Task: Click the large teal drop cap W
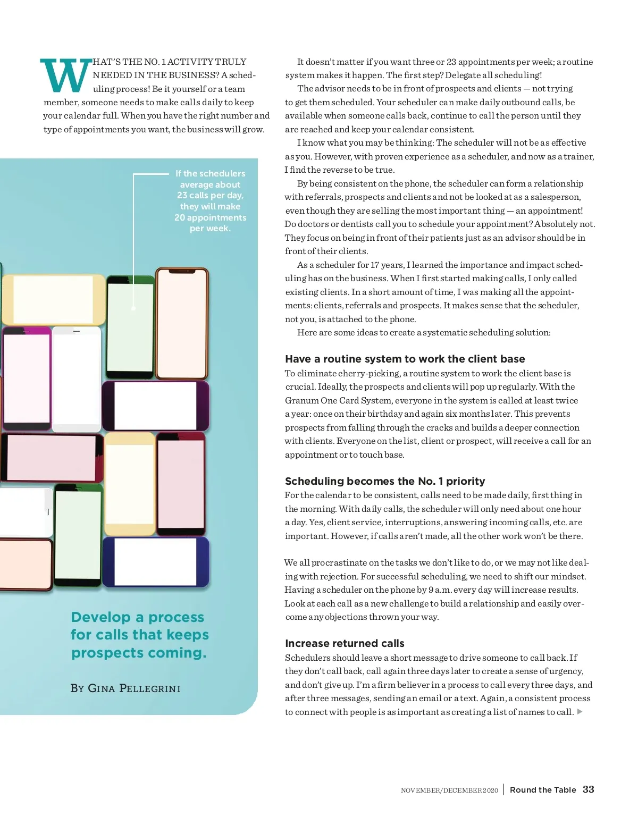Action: coord(65,75)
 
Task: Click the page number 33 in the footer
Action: coord(588,789)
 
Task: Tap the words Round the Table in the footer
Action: coord(542,790)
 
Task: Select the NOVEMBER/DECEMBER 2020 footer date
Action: coord(449,790)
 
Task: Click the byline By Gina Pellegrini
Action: coord(125,688)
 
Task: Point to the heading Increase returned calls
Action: coord(345,643)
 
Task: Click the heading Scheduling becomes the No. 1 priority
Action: coord(385,481)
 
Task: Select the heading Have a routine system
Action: coord(405,359)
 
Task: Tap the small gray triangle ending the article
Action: coord(580,711)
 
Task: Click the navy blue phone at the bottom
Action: coord(156,562)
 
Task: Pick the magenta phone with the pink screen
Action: coord(27,378)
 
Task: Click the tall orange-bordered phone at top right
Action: coord(182,323)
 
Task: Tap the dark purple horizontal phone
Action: coord(155,406)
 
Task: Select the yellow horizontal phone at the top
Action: coord(53,300)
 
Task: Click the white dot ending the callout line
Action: coord(133,308)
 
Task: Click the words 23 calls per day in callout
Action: coord(210,195)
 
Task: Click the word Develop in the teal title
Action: coord(100,617)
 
